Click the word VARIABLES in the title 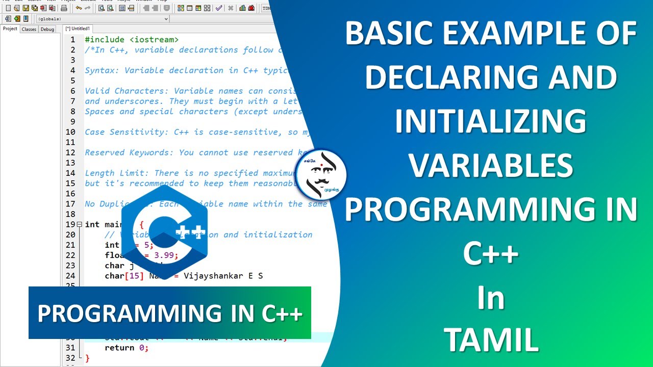pyautogui.click(x=491, y=166)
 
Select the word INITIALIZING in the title pyautogui.click(x=491, y=122)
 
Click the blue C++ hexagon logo pyautogui.click(x=165, y=232)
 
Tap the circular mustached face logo pyautogui.click(x=321, y=175)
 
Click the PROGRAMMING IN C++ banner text pyautogui.click(x=170, y=313)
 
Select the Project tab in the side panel pyautogui.click(x=10, y=29)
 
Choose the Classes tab pyautogui.click(x=29, y=29)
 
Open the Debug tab pyautogui.click(x=47, y=29)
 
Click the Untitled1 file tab pyautogui.click(x=78, y=29)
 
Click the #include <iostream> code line pyautogui.click(x=132, y=40)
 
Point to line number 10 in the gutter pyautogui.click(x=70, y=132)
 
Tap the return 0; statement pyautogui.click(x=126, y=348)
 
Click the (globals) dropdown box pyautogui.click(x=102, y=19)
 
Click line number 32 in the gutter pyautogui.click(x=70, y=358)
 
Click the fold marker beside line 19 pyautogui.click(x=79, y=225)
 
